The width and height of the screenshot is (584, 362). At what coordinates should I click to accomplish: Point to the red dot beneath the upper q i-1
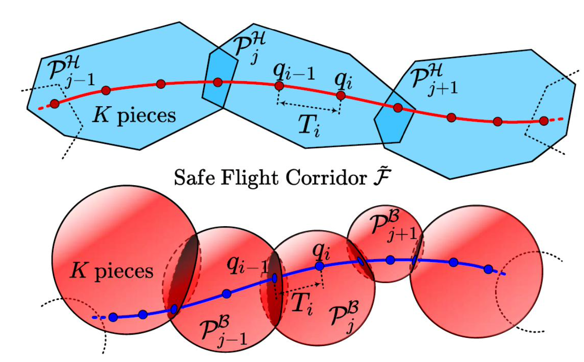click(x=279, y=86)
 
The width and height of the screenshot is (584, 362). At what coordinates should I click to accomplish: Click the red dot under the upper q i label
click(x=340, y=95)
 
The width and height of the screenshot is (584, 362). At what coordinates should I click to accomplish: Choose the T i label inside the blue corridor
click(x=309, y=124)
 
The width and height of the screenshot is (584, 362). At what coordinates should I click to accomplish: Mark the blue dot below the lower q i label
click(x=319, y=265)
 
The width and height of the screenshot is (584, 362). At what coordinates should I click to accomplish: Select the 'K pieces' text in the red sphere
click(x=111, y=271)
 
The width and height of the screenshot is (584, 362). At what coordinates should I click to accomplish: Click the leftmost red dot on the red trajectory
click(x=55, y=104)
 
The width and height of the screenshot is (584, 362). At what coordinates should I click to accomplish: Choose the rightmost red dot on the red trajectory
click(x=543, y=121)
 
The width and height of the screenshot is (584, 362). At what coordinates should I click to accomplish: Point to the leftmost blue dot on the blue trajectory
click(x=113, y=317)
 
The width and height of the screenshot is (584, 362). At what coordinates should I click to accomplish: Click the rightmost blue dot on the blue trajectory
click(x=488, y=269)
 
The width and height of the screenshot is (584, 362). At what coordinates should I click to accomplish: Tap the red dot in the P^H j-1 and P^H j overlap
click(x=218, y=82)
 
